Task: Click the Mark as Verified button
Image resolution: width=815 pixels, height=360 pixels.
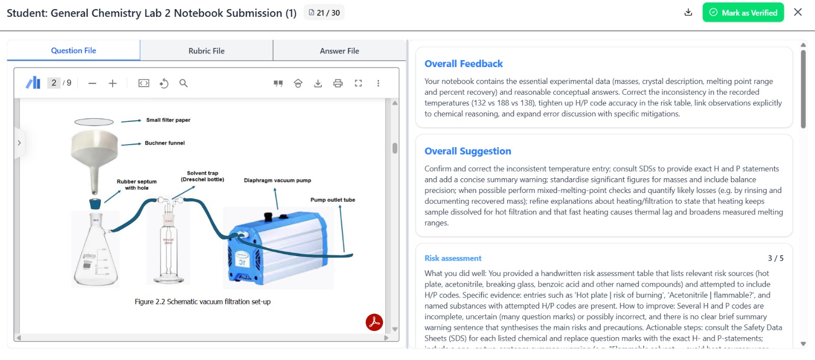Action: (743, 13)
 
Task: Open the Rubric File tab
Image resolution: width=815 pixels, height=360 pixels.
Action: (206, 51)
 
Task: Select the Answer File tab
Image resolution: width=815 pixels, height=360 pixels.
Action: (339, 51)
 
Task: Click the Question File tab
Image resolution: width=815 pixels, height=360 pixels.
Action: (73, 50)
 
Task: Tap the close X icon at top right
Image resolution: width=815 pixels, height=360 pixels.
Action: (798, 12)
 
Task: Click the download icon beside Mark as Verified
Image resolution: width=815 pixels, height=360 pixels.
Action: (688, 13)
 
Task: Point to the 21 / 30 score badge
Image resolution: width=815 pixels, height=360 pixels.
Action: (324, 13)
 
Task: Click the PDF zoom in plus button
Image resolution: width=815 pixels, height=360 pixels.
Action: (113, 84)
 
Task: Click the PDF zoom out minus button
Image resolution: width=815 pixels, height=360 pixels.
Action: (92, 84)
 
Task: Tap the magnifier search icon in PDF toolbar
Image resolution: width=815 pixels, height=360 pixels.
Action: (183, 84)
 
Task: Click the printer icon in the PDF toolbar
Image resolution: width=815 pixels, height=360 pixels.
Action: (338, 84)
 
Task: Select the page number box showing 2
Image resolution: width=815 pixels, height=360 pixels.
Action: (54, 83)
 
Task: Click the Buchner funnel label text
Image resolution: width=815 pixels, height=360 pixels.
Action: (165, 143)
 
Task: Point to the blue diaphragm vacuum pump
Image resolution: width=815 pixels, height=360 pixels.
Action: (278, 247)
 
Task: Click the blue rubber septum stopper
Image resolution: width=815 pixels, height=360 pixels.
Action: (95, 204)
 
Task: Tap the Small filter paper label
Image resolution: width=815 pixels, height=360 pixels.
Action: (168, 120)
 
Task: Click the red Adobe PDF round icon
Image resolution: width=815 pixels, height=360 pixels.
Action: (374, 322)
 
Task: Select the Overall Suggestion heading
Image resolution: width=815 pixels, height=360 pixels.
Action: (468, 151)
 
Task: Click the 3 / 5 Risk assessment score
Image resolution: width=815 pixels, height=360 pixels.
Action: (775, 258)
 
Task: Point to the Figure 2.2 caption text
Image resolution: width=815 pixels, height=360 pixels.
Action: (202, 302)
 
